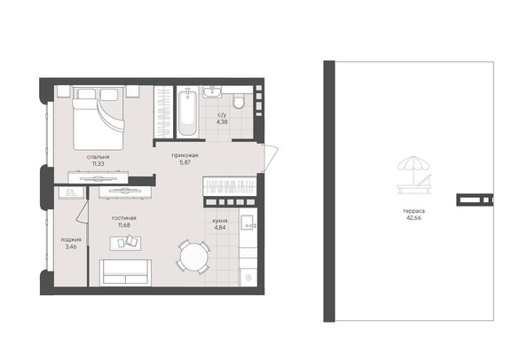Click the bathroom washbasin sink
213,93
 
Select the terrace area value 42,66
413,216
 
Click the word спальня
98,155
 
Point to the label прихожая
185,155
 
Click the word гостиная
123,217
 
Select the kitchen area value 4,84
220,227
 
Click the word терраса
413,209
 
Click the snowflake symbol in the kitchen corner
248,276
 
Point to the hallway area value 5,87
185,162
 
